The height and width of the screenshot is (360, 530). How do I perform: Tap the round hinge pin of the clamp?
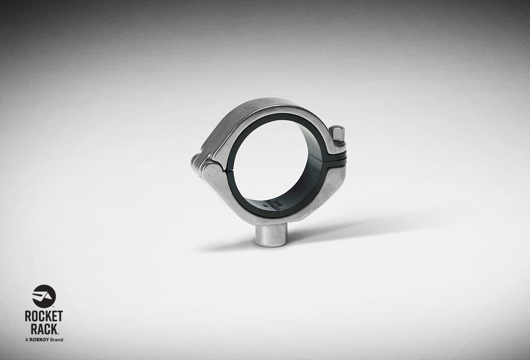pos(213,169)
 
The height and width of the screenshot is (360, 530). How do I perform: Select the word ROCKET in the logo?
pos(44,317)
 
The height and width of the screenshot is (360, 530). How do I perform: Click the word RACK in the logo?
pos(43,329)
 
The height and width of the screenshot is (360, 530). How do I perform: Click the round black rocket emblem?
pos(44,296)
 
